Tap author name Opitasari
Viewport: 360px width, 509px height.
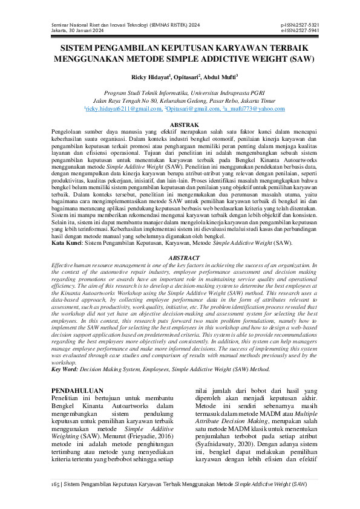188,77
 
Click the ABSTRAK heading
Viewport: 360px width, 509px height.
180,124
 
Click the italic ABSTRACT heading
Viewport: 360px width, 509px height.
180,258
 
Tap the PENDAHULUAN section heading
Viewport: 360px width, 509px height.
77,391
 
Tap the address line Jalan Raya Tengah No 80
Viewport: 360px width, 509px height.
180,101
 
